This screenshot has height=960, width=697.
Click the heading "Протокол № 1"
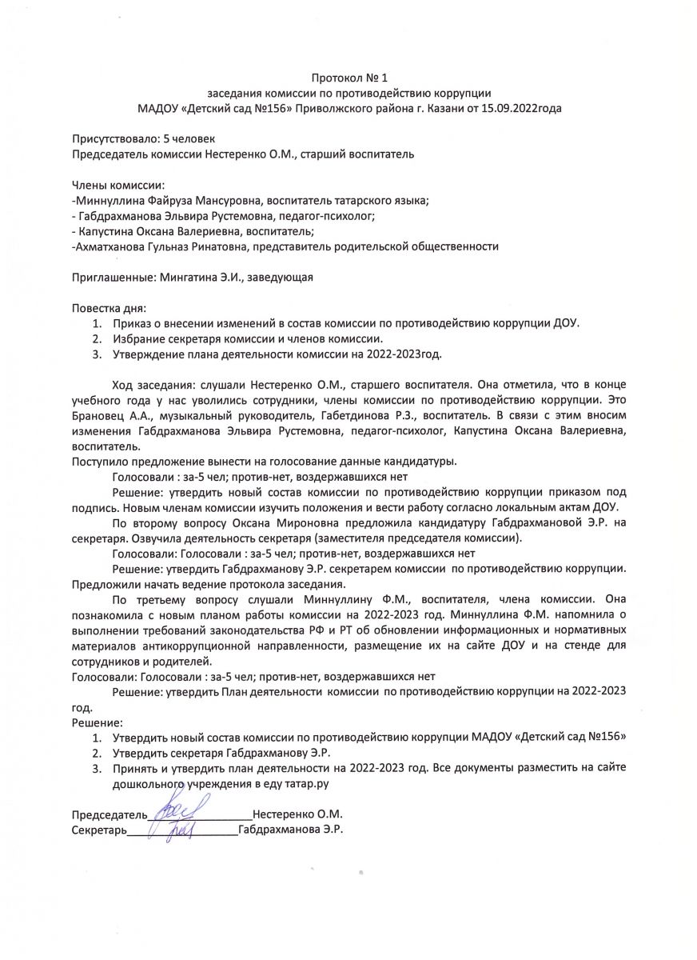pyautogui.click(x=348, y=78)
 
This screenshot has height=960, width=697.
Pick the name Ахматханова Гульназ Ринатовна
pyautogui.click(x=160, y=246)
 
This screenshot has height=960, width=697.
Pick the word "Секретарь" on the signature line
pyautogui.click(x=99, y=830)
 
